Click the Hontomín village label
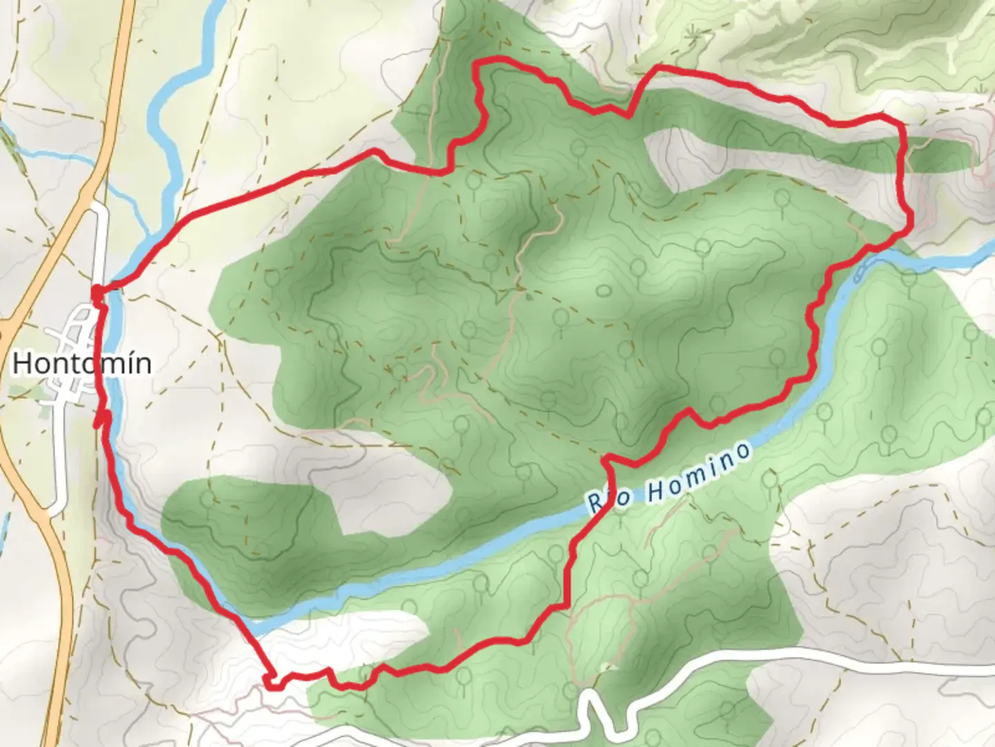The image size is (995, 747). click(82, 363)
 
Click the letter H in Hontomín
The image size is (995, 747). click(22, 363)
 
